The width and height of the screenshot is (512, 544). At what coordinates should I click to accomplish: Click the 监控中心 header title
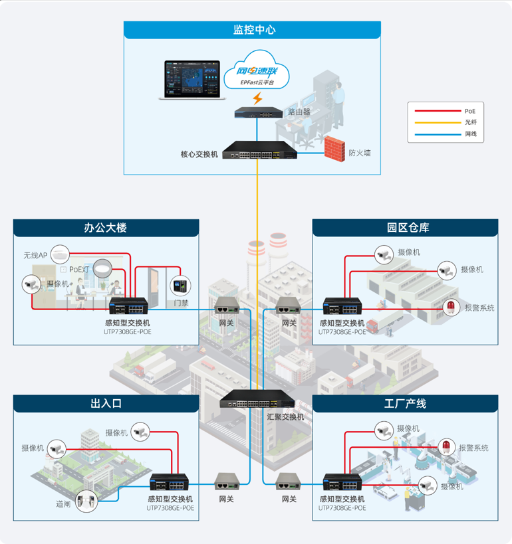click(x=254, y=30)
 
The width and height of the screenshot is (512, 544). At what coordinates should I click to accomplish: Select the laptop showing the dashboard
click(x=192, y=80)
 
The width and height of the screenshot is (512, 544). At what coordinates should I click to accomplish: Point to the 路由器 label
click(x=299, y=112)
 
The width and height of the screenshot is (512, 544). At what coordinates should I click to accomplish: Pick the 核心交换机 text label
click(x=199, y=154)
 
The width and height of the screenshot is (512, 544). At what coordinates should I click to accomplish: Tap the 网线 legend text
click(x=471, y=134)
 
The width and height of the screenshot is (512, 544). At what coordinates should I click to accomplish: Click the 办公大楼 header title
click(x=105, y=228)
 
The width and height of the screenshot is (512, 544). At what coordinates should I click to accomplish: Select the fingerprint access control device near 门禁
click(x=178, y=286)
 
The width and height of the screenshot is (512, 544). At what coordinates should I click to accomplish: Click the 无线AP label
click(x=35, y=255)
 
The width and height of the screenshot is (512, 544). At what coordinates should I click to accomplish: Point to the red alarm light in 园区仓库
click(x=451, y=306)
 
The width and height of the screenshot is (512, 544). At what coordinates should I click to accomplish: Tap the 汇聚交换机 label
click(x=285, y=417)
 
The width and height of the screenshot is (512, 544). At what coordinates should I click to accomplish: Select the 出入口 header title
click(x=106, y=404)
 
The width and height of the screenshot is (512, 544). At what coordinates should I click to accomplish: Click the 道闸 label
click(x=63, y=504)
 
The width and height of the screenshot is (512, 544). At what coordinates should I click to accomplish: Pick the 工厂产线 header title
click(x=405, y=404)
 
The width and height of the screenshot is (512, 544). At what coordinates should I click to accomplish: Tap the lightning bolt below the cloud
click(x=257, y=99)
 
